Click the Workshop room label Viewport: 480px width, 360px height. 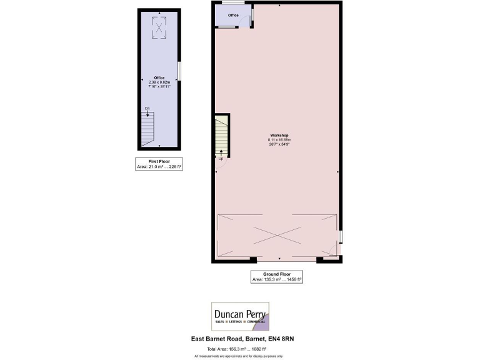pyautogui.click(x=278, y=135)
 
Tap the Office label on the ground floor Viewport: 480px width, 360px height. pyautogui.click(x=233, y=15)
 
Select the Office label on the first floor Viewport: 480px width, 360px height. pyautogui.click(x=159, y=77)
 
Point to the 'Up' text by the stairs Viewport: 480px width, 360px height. pyautogui.click(x=220, y=158)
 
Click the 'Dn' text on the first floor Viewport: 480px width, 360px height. pyautogui.click(x=147, y=109)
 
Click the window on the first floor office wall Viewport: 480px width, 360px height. pyautogui.click(x=179, y=70)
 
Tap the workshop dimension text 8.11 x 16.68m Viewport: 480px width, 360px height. pyautogui.click(x=278, y=140)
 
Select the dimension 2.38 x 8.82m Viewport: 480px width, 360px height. pyautogui.click(x=159, y=82)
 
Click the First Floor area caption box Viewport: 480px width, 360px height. pyautogui.click(x=159, y=164)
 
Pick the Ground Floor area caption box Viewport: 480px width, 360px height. pyautogui.click(x=277, y=277)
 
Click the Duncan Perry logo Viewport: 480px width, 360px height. pyautogui.click(x=239, y=316)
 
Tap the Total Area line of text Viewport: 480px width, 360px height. pyautogui.click(x=239, y=348)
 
